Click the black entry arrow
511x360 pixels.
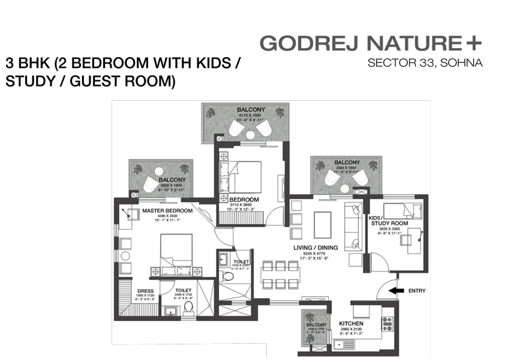(x=396, y=290)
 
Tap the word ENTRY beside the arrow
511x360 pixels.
(x=417, y=291)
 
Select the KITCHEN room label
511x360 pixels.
(x=351, y=323)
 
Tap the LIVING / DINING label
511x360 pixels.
(x=315, y=248)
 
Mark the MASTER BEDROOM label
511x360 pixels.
(x=167, y=211)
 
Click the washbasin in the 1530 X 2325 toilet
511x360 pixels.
(x=223, y=260)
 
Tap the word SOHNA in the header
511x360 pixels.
(x=464, y=62)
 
